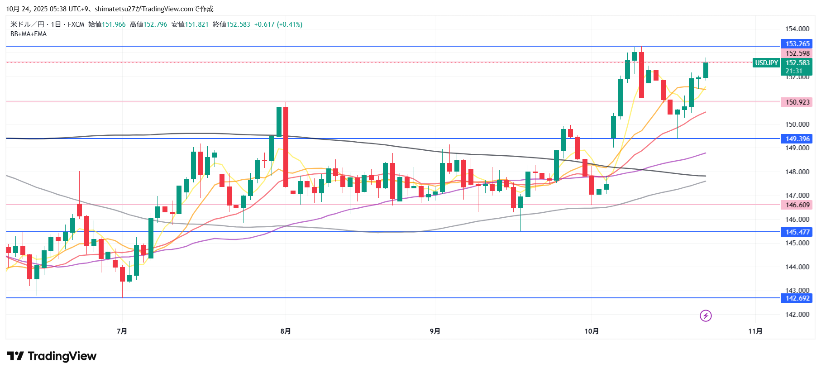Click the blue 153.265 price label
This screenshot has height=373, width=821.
(x=797, y=44)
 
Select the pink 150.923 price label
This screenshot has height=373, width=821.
(x=797, y=102)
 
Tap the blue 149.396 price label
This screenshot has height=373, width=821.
(x=797, y=139)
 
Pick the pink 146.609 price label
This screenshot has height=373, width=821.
(x=797, y=205)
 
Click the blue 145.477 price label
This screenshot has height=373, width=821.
(x=797, y=232)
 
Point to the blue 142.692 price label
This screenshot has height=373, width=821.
(x=797, y=298)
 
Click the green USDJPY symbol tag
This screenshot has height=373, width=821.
(x=766, y=63)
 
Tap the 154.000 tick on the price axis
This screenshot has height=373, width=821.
(x=797, y=29)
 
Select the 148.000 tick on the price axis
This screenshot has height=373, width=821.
(x=797, y=172)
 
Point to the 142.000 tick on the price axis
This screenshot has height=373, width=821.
(x=797, y=315)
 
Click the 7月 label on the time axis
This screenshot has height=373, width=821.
(x=122, y=331)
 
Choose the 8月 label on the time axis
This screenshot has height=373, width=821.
(x=286, y=331)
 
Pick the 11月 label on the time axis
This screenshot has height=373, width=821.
(x=755, y=331)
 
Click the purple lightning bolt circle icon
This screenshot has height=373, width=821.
(x=706, y=316)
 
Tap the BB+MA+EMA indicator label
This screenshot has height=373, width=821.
(x=29, y=34)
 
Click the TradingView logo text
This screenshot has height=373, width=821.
(x=62, y=356)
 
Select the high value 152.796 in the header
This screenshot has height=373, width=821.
(x=155, y=24)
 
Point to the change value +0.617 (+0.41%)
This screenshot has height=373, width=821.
(x=278, y=24)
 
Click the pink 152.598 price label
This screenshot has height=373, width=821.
(x=797, y=53)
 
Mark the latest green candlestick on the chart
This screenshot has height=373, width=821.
(x=706, y=70)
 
